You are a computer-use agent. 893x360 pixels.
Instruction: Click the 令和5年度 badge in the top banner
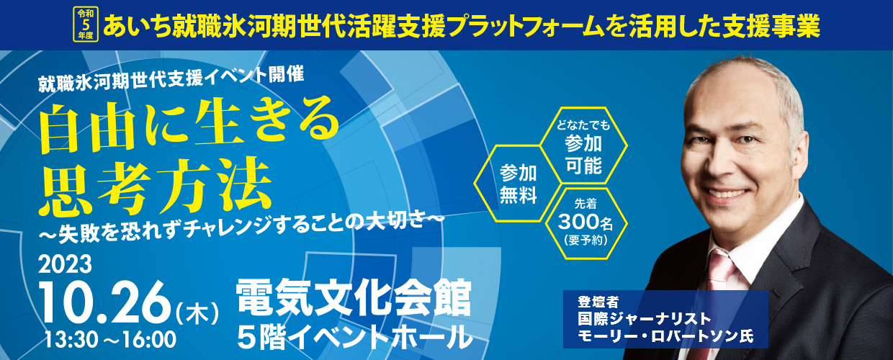pyautogui.click(x=85, y=24)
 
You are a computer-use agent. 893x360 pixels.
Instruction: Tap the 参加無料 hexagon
pyautogui.click(x=518, y=184)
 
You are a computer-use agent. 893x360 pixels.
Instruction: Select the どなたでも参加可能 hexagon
pyautogui.click(x=583, y=145)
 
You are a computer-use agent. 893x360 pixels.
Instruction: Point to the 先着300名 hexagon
pyautogui.click(x=585, y=223)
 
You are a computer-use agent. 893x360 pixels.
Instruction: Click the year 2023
pyautogui.click(x=65, y=264)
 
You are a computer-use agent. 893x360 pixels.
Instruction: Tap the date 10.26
pyautogui.click(x=105, y=302)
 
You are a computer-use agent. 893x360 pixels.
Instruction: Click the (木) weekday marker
pyautogui.click(x=198, y=312)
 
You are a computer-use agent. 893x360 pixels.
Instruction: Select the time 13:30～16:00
pyautogui.click(x=110, y=340)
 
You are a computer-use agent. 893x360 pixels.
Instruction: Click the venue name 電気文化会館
pyautogui.click(x=354, y=298)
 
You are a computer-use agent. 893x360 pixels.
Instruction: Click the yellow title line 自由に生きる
pyautogui.click(x=190, y=125)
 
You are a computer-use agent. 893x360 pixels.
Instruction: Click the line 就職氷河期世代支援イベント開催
pyautogui.click(x=171, y=79)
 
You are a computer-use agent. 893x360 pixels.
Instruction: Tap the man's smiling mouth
pyautogui.click(x=727, y=194)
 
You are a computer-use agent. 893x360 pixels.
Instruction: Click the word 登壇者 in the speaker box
pyautogui.click(x=598, y=302)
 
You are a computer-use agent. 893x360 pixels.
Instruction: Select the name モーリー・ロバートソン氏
pyautogui.click(x=665, y=336)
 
